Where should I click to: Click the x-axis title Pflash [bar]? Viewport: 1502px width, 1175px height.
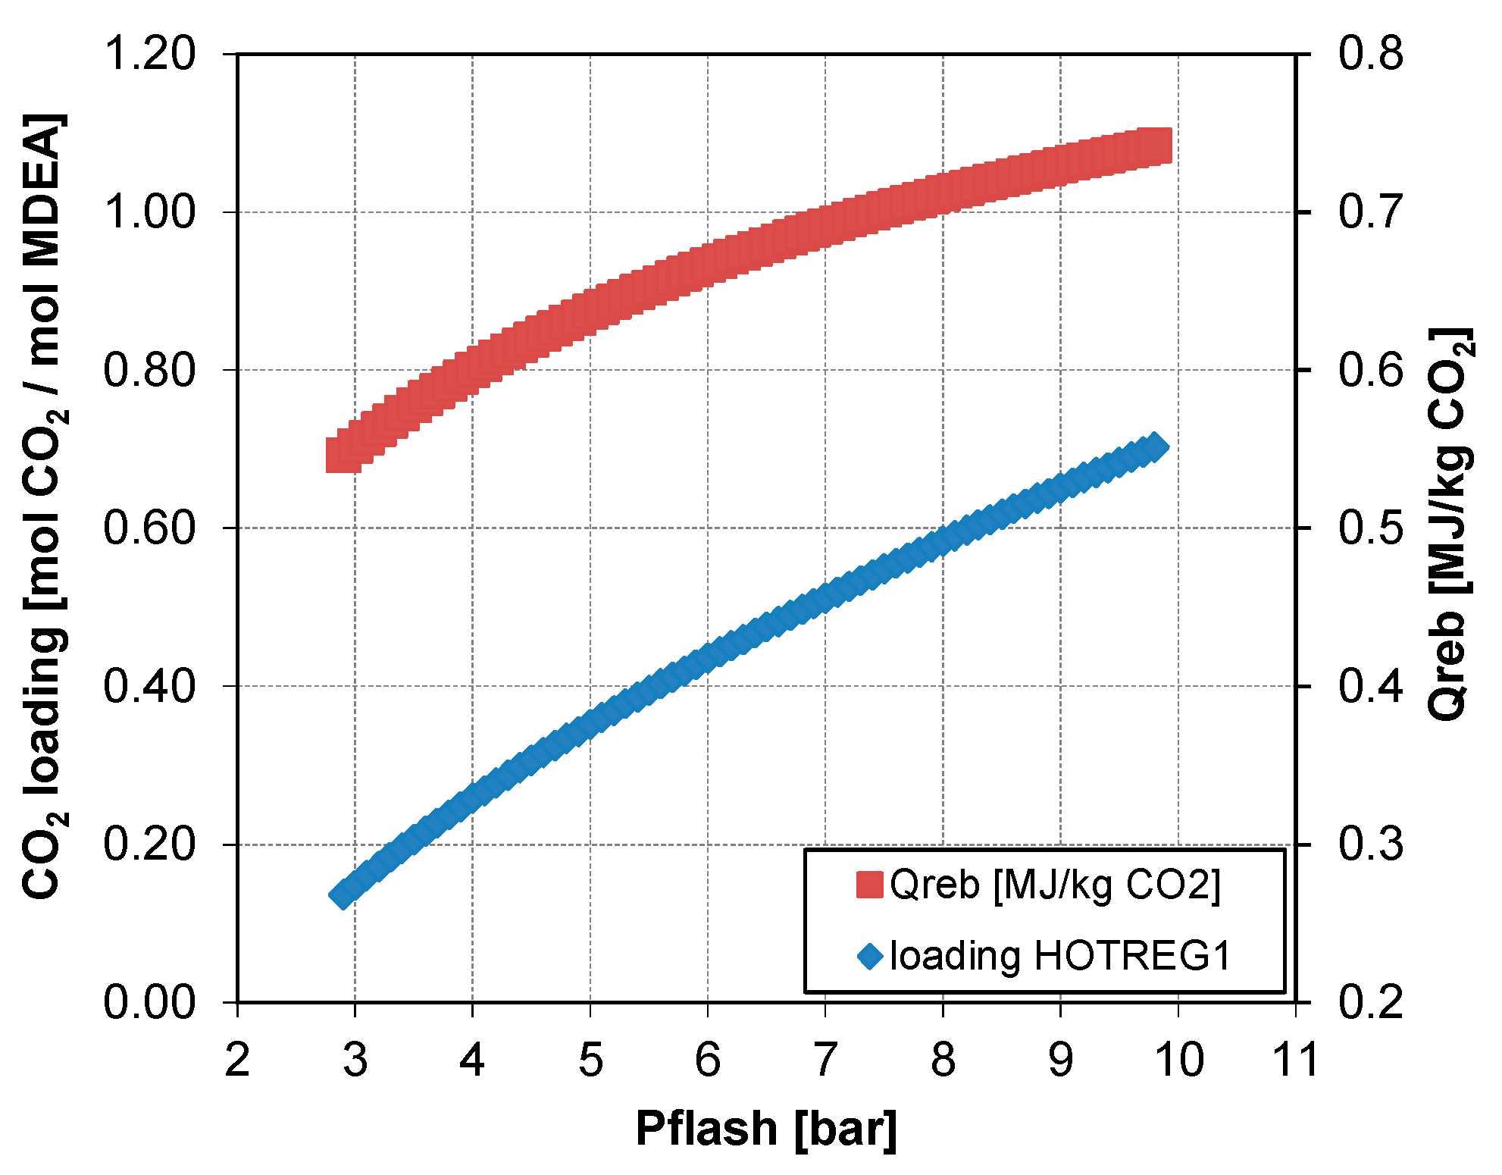(765, 1129)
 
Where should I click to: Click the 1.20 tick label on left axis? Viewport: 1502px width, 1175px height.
(149, 55)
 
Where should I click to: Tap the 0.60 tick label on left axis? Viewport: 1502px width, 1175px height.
(149, 528)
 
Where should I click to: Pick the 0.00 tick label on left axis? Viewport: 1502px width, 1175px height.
(149, 1002)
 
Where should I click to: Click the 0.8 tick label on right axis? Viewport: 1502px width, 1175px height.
(1370, 55)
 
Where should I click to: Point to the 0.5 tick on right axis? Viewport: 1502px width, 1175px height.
(1370, 528)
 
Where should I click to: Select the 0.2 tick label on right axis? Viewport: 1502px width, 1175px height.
(1370, 1002)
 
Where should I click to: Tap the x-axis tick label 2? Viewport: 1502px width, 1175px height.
(237, 1060)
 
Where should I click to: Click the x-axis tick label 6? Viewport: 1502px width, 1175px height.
(708, 1060)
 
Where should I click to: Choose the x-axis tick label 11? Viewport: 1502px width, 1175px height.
(1294, 1060)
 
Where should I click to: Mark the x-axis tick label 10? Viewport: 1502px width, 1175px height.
(1178, 1060)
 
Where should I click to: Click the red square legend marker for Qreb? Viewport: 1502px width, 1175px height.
(869, 885)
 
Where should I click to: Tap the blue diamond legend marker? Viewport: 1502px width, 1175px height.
(870, 956)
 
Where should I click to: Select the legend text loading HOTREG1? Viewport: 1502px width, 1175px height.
(1060, 956)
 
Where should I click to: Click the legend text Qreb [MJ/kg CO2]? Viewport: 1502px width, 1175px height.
(1055, 885)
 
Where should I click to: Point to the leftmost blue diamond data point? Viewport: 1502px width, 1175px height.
(343, 895)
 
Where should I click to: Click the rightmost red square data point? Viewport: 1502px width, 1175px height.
(1157, 146)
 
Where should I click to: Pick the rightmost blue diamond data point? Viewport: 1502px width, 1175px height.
(1155, 447)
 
